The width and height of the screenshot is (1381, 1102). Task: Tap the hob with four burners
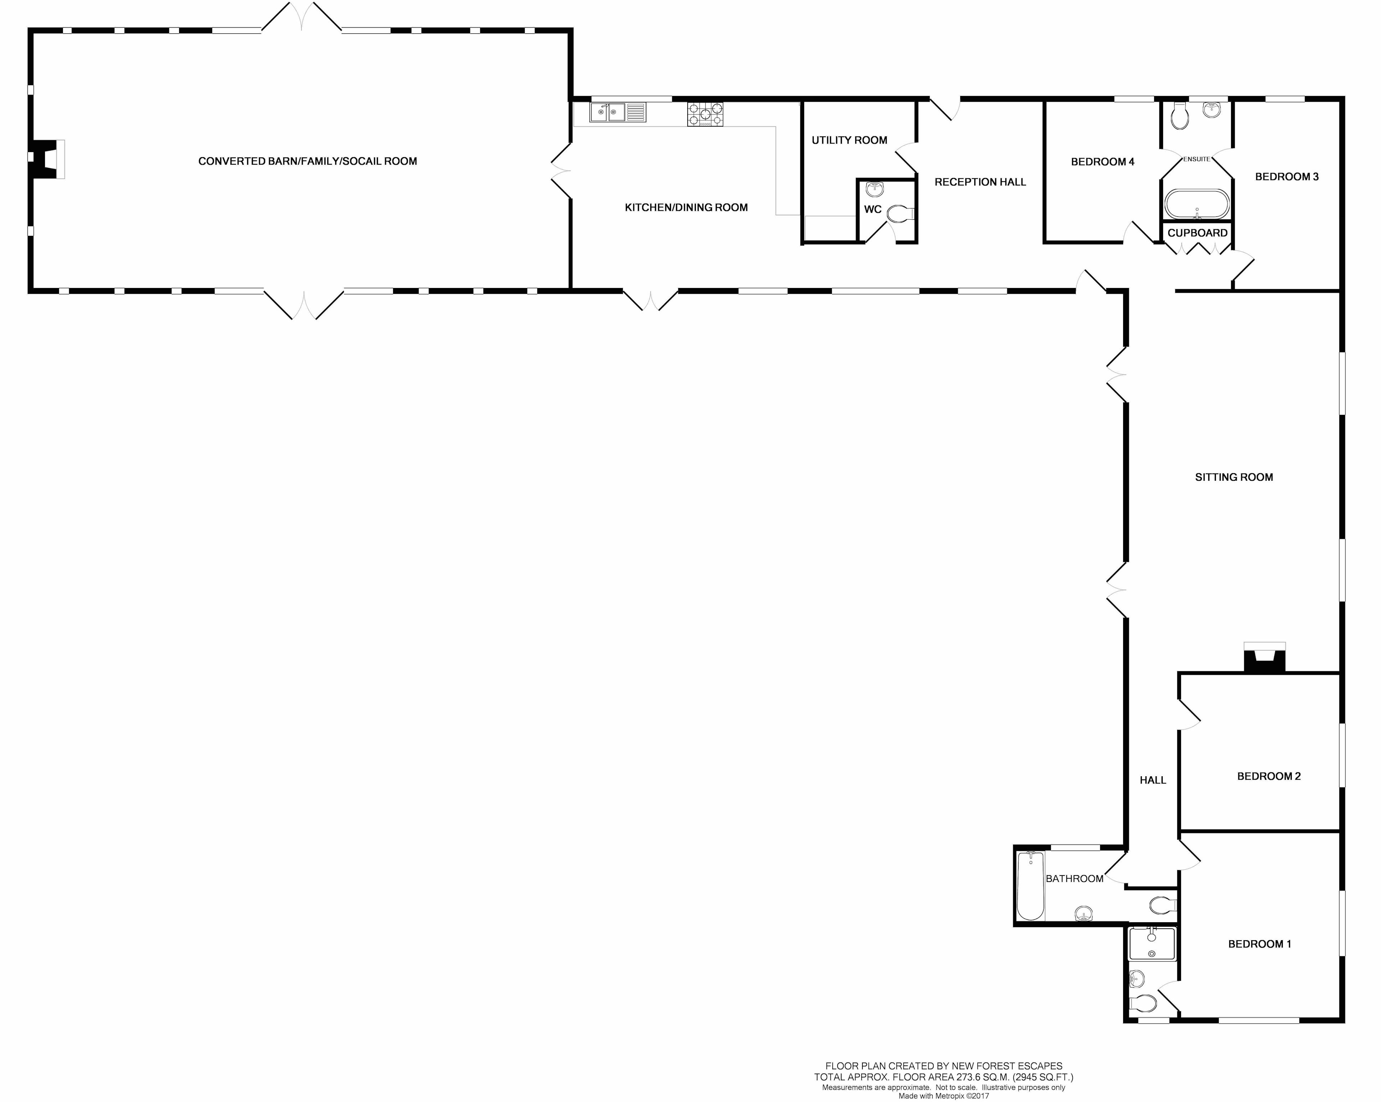click(705, 114)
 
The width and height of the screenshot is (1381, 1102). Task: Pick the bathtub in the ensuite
click(1197, 204)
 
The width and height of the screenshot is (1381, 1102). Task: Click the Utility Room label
click(849, 140)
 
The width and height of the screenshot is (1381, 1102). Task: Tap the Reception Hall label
click(980, 182)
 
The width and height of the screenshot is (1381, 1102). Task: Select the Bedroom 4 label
click(1102, 162)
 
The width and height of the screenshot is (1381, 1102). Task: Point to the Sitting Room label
click(1234, 477)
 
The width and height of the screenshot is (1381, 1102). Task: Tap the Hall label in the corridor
click(1153, 780)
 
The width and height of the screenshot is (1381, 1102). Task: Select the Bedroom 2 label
click(1269, 776)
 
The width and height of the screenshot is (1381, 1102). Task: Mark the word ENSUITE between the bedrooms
click(1197, 159)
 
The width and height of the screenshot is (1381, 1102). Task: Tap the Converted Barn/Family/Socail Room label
click(307, 161)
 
